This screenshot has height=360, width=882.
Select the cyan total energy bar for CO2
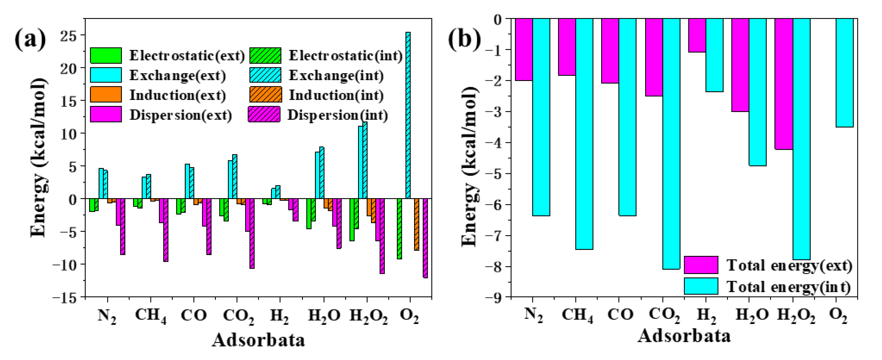(x=671, y=144)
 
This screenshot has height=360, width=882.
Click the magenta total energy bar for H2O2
(x=784, y=84)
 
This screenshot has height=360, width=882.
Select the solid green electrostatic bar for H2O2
(x=352, y=220)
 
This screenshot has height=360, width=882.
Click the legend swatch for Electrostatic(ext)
(x=106, y=56)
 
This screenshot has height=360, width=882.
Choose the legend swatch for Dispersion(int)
(x=264, y=114)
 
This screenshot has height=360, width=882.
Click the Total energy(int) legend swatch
(x=701, y=286)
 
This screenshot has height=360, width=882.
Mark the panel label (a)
(x=30, y=39)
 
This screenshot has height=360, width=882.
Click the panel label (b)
(x=464, y=39)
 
